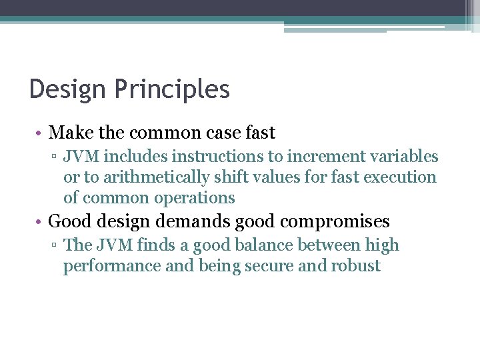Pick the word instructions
click(209, 157)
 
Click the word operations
click(195, 198)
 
